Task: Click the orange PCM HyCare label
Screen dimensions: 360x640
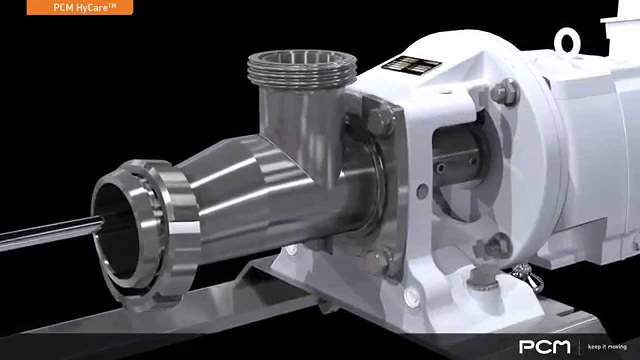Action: pyautogui.click(x=80, y=7)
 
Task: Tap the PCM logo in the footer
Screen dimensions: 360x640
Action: pyautogui.click(x=544, y=346)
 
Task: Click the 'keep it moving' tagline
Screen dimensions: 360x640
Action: pyautogui.click(x=607, y=347)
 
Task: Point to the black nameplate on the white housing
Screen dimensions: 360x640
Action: pyautogui.click(x=411, y=65)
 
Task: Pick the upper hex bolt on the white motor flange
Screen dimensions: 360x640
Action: pyautogui.click(x=505, y=92)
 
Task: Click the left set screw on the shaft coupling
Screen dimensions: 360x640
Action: pyautogui.click(x=440, y=168)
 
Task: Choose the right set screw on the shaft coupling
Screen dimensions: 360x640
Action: pyautogui.click(x=471, y=161)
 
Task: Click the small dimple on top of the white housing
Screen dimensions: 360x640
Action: pyautogui.click(x=442, y=91)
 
